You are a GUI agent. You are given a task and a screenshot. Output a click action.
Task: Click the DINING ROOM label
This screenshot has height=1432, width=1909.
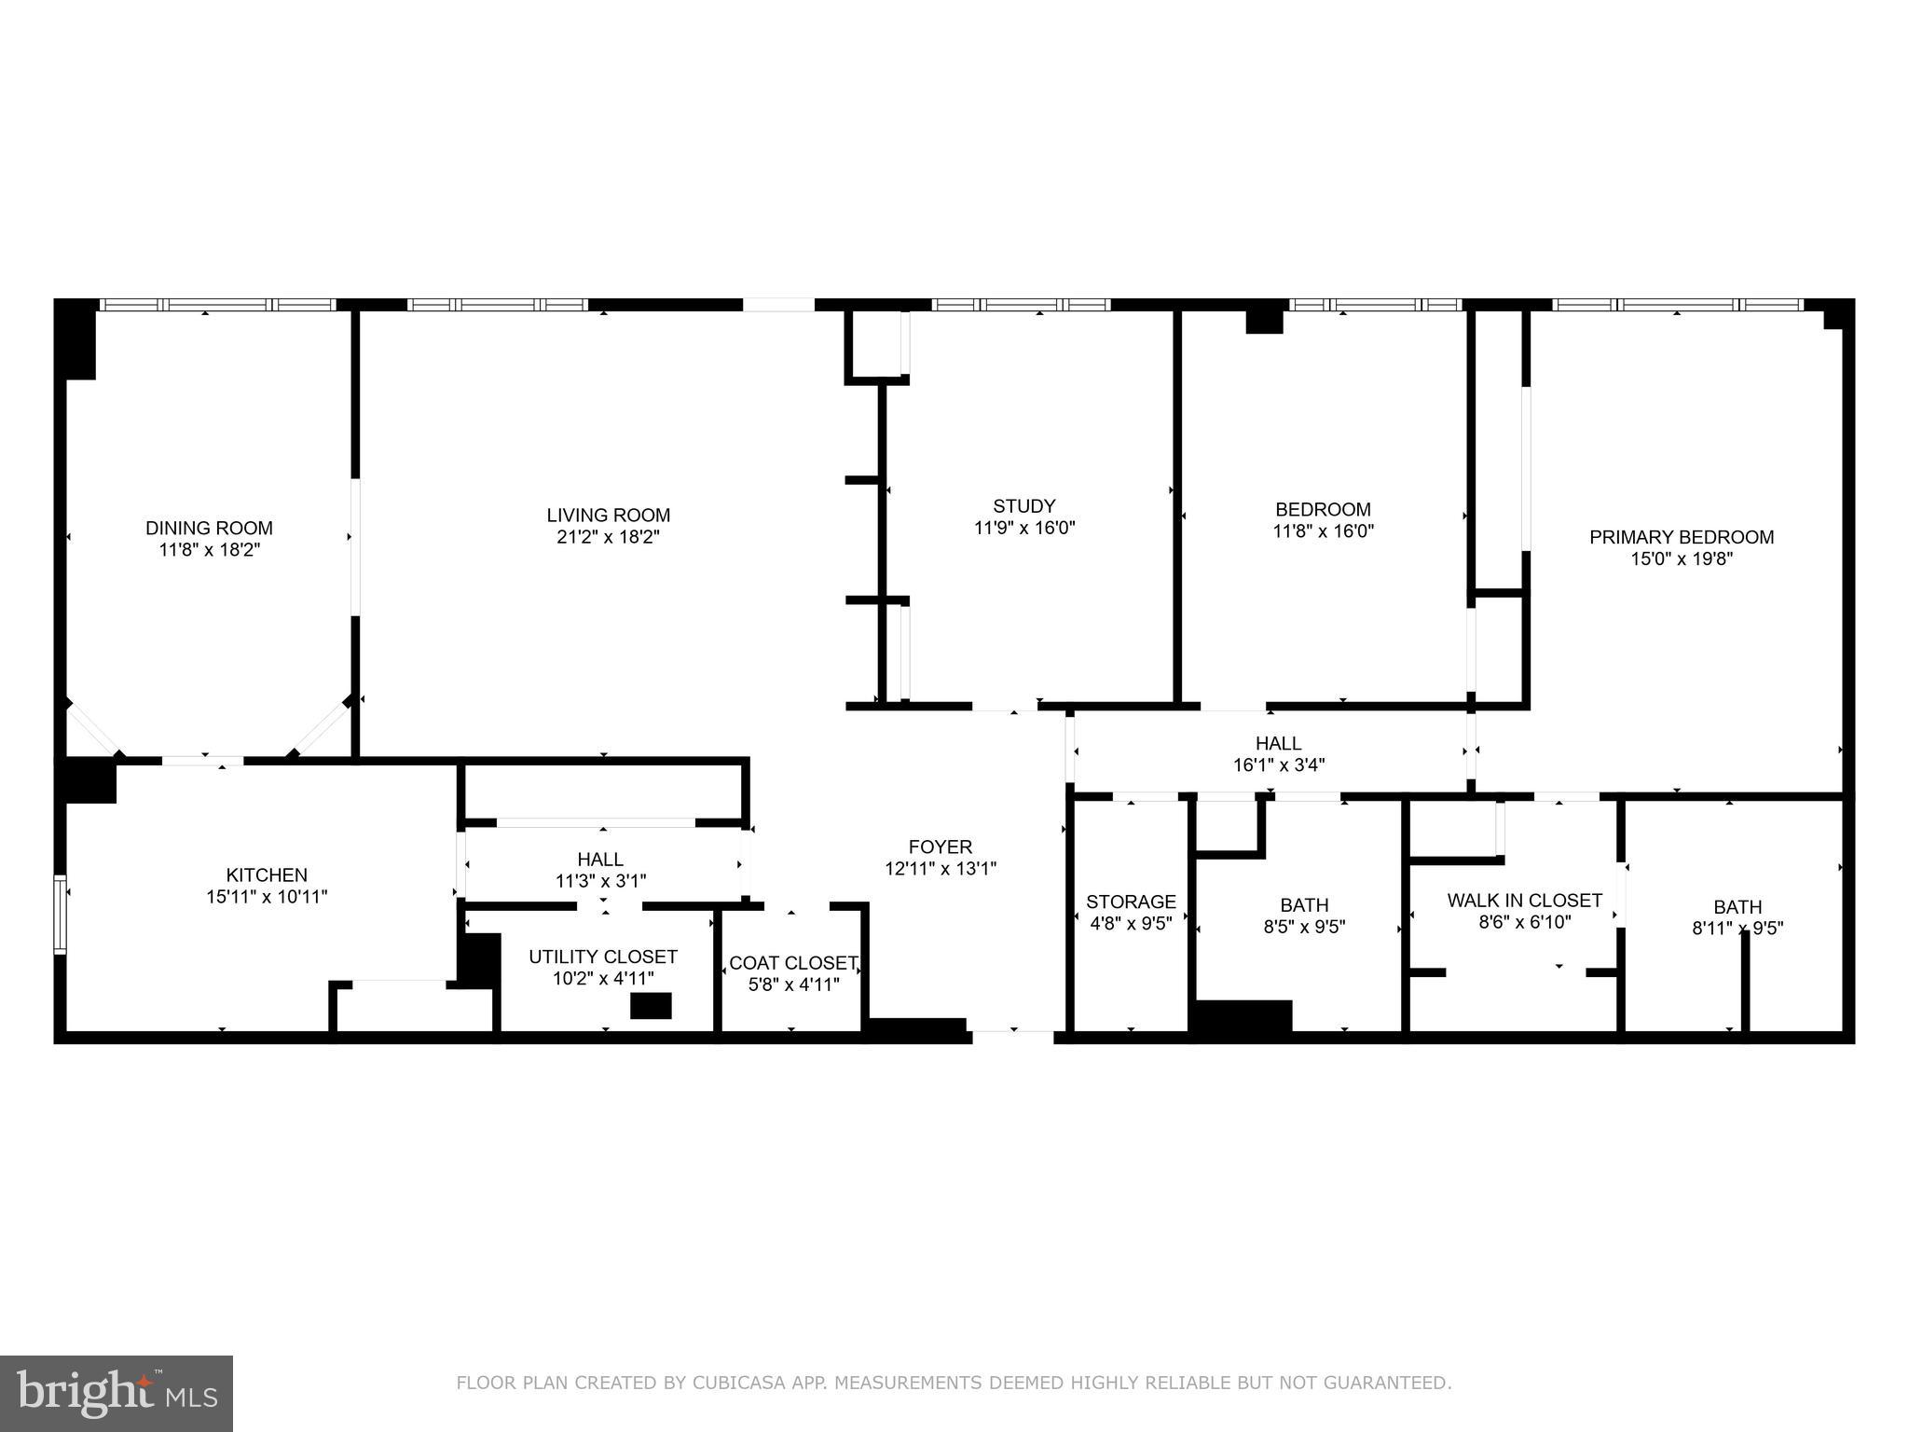209,528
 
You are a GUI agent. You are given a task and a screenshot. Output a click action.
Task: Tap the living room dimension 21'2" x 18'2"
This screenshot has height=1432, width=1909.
608,537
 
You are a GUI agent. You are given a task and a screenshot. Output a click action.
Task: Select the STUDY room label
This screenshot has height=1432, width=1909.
1023,506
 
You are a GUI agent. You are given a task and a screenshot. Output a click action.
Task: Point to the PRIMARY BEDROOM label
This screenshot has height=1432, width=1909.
1681,537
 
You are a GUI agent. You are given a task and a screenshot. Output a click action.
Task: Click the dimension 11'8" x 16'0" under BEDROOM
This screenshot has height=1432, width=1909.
1323,531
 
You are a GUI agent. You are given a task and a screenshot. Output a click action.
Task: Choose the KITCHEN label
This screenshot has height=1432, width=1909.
267,874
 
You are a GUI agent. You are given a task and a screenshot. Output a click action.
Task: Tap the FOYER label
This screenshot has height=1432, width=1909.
940,847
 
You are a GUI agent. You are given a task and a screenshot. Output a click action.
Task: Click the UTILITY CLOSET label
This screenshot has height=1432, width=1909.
602,957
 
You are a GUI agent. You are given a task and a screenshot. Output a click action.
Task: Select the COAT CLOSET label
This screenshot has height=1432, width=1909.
792,963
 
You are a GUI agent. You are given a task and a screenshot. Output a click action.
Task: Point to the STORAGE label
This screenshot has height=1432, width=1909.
1131,902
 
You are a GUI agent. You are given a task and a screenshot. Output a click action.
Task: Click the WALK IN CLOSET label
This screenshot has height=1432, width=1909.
1524,901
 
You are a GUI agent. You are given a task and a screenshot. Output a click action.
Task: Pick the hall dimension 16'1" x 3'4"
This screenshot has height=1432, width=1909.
1278,765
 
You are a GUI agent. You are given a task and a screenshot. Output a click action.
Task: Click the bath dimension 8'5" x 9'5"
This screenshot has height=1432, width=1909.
1304,927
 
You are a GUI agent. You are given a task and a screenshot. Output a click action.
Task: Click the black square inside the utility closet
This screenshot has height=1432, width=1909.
651,1006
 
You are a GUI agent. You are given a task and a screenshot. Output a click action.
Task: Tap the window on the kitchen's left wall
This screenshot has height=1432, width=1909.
61,914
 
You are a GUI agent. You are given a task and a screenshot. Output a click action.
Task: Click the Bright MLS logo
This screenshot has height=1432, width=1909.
117,1393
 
